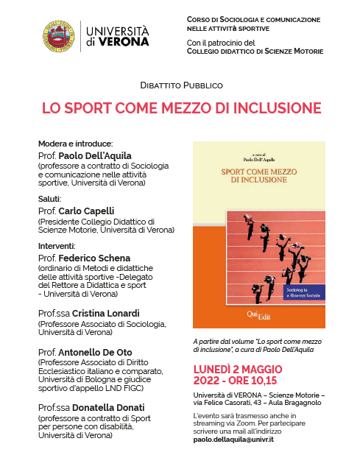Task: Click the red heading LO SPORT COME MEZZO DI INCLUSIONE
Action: [x=182, y=108]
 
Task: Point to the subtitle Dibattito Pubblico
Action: [x=181, y=86]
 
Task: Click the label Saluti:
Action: [x=50, y=198]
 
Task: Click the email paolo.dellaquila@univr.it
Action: [x=234, y=439]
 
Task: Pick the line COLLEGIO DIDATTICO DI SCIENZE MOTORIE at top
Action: [x=258, y=52]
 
